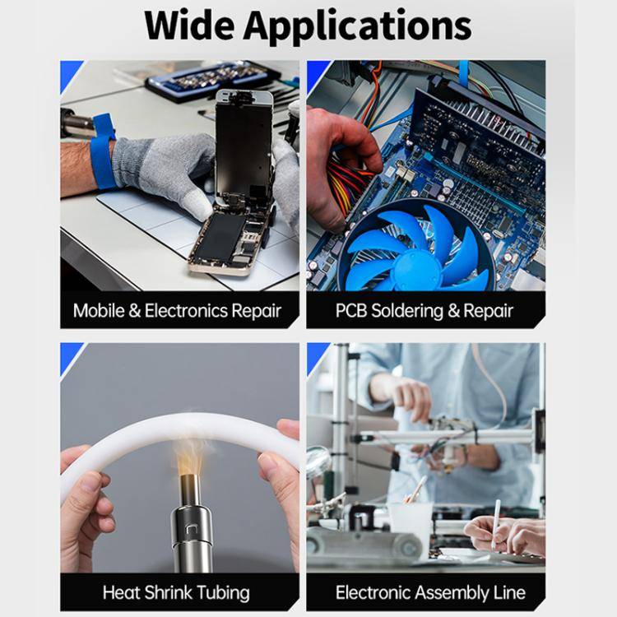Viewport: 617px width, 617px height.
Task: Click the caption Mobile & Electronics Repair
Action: tap(177, 311)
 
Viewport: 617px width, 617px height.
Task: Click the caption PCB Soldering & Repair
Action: tap(424, 311)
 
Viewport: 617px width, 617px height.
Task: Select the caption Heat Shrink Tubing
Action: tap(176, 592)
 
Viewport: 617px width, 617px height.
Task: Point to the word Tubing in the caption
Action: tap(220, 592)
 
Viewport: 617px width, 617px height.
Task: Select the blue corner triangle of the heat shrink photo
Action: tap(69, 353)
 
